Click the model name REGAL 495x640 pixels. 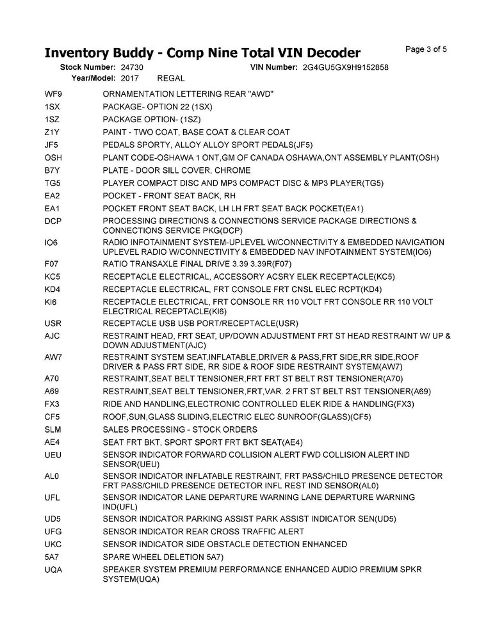171,78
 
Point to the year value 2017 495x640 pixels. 129,78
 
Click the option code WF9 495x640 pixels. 53,94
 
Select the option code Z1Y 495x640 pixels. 52,132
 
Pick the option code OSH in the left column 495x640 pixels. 53,158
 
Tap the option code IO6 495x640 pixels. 51,243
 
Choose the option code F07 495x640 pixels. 51,264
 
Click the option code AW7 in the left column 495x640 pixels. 53,356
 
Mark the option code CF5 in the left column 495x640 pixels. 53,417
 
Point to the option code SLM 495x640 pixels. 53,429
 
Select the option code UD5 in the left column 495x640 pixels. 53,518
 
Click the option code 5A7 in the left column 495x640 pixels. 52,557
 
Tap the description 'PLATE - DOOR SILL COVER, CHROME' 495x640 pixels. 176,171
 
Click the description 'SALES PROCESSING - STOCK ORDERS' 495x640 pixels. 180,429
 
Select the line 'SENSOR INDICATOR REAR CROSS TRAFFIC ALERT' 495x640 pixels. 203,531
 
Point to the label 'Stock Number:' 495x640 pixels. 87,67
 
